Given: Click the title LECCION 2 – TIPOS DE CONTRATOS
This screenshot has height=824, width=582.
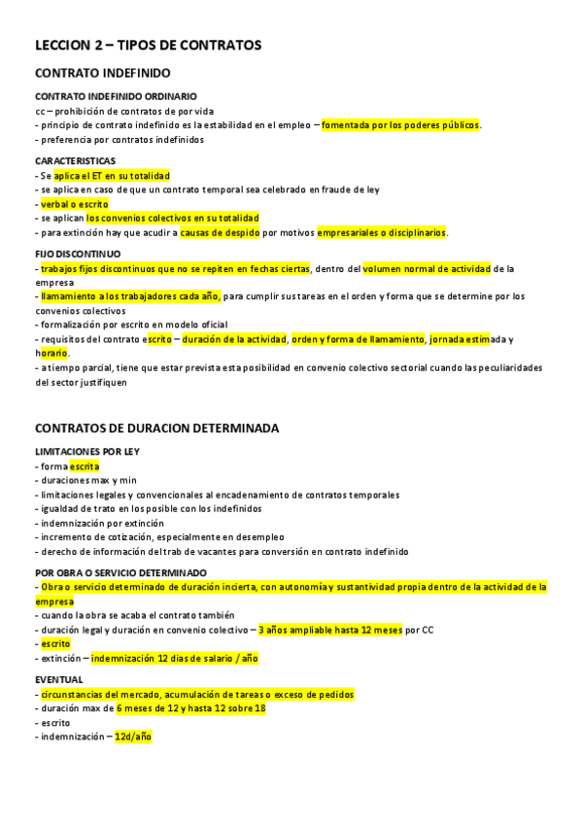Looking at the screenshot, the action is (x=148, y=45).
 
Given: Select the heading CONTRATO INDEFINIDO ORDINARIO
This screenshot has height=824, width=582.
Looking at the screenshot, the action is (x=116, y=96).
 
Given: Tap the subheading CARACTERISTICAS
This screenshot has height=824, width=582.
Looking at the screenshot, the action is (x=75, y=160).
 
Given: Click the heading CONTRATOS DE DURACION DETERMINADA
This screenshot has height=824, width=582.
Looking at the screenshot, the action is (x=156, y=428).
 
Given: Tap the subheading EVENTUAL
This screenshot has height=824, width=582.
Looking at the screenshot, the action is (x=59, y=679).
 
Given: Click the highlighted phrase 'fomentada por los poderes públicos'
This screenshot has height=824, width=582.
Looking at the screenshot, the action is (x=400, y=124).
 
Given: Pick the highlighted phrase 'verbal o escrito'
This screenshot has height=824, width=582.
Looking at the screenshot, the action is (x=74, y=204).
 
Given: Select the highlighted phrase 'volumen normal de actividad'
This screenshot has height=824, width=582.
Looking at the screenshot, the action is (x=427, y=267).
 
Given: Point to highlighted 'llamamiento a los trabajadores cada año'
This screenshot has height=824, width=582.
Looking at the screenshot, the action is (x=129, y=295).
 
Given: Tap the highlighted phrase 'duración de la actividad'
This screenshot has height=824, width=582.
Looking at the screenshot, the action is (x=233, y=339).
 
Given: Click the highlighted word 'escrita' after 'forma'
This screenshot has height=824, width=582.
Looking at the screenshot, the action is (x=84, y=466).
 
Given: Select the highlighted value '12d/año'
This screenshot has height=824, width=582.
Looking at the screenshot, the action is (x=132, y=737).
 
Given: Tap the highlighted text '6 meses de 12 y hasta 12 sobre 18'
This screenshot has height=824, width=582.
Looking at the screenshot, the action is (x=190, y=708).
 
